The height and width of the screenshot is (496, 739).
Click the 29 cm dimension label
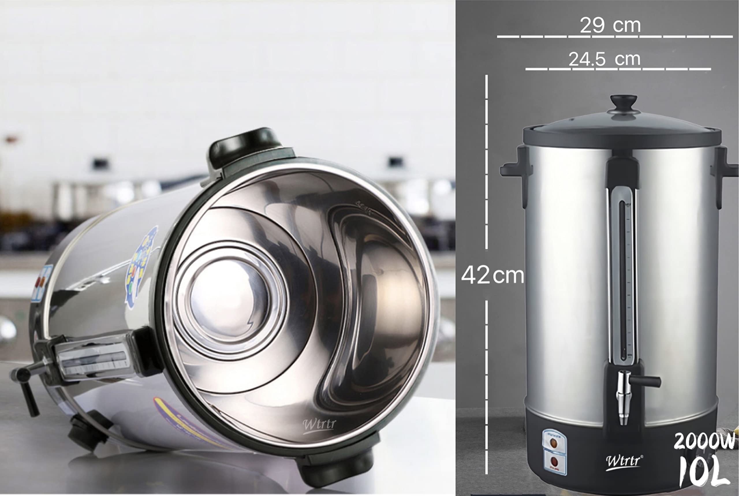(x=610, y=25)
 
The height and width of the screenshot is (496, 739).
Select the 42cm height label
(x=492, y=275)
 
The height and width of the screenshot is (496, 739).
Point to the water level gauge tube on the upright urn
(x=623, y=278)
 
